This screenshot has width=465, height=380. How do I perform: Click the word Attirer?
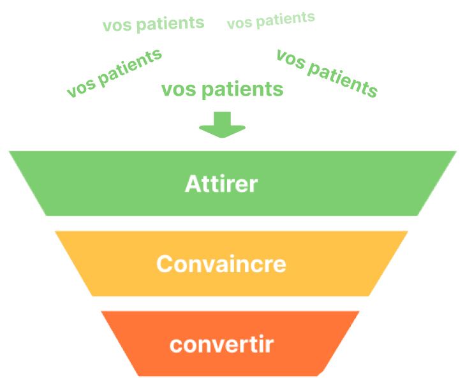point(221,184)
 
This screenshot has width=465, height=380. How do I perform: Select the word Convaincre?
point(221,264)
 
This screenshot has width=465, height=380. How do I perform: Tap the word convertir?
point(221,345)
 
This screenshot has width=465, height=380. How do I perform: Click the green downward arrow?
point(222,124)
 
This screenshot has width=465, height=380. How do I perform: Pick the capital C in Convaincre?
point(165,264)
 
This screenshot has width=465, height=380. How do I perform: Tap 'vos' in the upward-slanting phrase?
point(80,88)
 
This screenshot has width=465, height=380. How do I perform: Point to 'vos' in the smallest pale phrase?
point(239,24)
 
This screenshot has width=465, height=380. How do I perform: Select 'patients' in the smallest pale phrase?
point(285,18)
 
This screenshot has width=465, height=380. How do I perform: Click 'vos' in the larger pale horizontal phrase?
point(115,26)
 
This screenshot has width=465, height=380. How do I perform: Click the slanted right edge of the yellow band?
point(388,263)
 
